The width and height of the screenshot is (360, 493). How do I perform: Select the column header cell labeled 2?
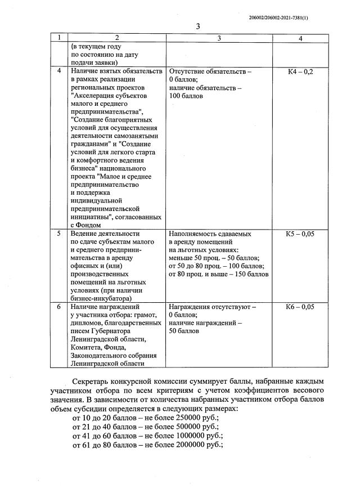click(x=116, y=38)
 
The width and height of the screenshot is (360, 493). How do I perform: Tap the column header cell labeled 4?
click(x=300, y=38)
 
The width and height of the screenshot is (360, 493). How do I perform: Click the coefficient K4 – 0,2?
click(x=300, y=72)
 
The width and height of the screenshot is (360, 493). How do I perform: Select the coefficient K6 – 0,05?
click(x=300, y=307)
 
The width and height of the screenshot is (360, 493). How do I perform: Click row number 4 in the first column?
click(x=60, y=72)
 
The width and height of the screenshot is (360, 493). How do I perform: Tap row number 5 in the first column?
click(x=60, y=234)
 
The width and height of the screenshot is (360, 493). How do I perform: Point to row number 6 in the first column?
click(x=60, y=307)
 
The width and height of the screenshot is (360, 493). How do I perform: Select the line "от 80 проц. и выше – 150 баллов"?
click(x=219, y=274)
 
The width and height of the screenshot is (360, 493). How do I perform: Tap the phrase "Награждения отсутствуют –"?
click(x=212, y=307)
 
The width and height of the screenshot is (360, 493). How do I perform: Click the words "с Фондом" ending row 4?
click(x=87, y=225)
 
